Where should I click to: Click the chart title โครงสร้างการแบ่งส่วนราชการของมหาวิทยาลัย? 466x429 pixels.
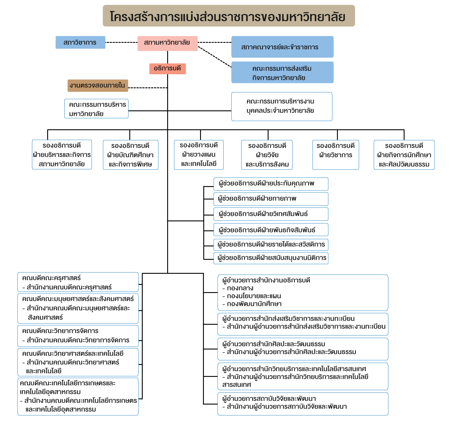[229, 16]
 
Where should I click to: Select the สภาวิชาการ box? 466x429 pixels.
[80, 43]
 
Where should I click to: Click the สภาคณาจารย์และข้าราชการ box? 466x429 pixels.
[282, 47]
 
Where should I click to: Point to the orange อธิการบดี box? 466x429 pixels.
[167, 69]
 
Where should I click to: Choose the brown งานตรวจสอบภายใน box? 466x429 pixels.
[98, 86]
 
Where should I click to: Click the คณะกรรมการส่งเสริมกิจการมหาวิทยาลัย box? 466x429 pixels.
[282, 73]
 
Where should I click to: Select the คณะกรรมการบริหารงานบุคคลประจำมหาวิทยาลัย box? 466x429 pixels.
[282, 106]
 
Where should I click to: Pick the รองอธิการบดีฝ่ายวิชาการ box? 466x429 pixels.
[336, 155]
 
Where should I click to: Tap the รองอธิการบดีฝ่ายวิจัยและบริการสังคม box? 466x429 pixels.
[267, 155]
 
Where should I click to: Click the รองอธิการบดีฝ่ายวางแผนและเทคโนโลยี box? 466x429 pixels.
[199, 155]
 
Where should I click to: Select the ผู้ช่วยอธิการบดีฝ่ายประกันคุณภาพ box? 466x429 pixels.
[271, 184]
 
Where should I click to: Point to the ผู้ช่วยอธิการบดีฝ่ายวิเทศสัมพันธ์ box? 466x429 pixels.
[271, 214]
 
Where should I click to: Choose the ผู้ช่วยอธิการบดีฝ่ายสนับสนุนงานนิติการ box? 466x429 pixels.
[271, 258]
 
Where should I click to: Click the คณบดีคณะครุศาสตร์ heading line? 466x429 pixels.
[52, 278]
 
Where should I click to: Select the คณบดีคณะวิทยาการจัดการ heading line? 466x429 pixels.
[60, 331]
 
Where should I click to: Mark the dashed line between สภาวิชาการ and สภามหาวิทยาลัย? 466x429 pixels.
[121, 43]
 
